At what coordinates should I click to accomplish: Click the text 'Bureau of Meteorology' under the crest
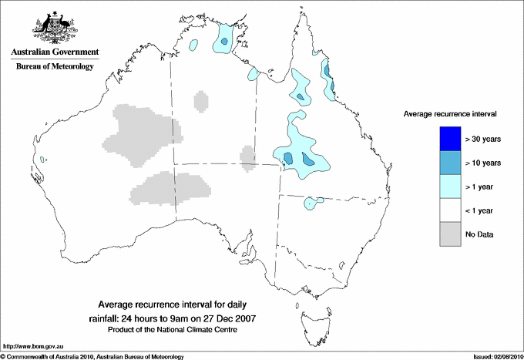pyautogui.click(x=54, y=67)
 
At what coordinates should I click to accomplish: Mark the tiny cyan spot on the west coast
pyautogui.click(x=45, y=160)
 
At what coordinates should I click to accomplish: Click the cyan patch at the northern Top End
pyautogui.click(x=224, y=37)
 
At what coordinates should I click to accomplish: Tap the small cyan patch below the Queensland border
pyautogui.click(x=312, y=203)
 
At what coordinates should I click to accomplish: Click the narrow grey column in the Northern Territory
pyautogui.click(x=200, y=101)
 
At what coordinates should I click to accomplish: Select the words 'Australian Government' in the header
pyautogui.click(x=54, y=52)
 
